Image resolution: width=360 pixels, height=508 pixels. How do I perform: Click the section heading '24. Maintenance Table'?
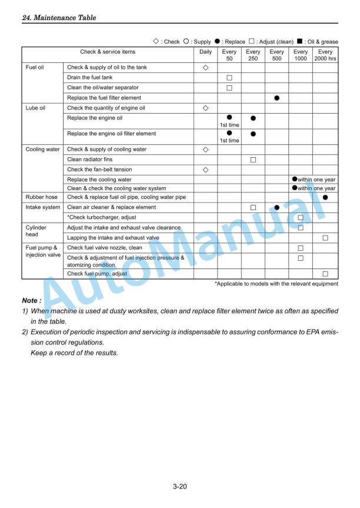(59, 18)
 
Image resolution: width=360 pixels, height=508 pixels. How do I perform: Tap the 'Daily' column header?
(205, 52)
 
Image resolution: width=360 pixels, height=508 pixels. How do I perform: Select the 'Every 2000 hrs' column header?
(325, 55)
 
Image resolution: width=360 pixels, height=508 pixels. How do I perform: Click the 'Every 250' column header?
(253, 55)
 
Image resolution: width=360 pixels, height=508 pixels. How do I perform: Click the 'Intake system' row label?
(42, 207)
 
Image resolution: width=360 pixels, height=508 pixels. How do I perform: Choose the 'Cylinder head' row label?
(36, 231)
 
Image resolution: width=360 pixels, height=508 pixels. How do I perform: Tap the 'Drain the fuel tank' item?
(90, 78)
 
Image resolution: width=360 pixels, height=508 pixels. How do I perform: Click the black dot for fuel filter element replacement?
(276, 98)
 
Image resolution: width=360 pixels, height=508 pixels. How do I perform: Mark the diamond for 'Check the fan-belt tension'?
(205, 170)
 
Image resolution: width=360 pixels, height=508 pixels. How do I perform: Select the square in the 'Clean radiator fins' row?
(253, 160)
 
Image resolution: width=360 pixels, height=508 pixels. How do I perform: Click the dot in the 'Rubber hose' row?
(325, 197)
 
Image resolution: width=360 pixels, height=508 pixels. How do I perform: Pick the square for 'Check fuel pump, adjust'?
(325, 274)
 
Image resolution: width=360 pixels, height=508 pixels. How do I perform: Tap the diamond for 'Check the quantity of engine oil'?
(205, 108)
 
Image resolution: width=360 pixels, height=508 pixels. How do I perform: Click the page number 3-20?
(180, 486)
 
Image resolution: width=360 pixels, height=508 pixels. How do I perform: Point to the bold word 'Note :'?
(32, 301)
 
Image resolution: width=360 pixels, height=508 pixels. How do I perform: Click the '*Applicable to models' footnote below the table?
(276, 284)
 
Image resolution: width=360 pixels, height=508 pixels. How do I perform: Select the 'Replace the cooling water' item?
(99, 180)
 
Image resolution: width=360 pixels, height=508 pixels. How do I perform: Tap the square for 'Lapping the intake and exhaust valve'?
(325, 238)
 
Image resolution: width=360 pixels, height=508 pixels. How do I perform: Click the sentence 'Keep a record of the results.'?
(74, 353)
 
